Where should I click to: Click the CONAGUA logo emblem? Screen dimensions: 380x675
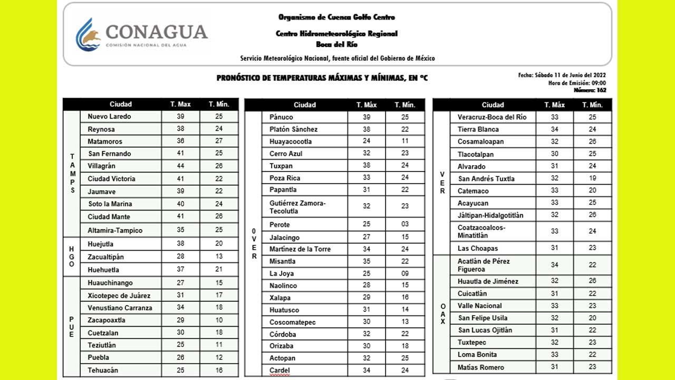[88, 34]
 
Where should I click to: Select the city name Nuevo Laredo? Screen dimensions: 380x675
[109, 117]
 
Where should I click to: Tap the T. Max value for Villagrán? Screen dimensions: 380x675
[181, 166]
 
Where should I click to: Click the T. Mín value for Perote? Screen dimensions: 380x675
[405, 225]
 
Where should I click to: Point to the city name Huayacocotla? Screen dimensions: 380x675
[291, 141]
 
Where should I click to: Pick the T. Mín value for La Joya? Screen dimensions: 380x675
[405, 273]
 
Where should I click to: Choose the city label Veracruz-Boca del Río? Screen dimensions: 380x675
[492, 117]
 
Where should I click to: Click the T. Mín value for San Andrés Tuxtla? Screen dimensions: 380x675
[593, 179]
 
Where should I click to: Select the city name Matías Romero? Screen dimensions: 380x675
[481, 367]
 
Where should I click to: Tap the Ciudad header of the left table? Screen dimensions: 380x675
[121, 104]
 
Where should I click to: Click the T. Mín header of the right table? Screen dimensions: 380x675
[593, 105]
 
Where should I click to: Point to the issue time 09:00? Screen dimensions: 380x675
[599, 83]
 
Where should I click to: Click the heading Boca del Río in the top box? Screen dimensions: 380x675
[336, 44]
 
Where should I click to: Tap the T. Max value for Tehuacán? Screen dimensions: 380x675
[181, 370]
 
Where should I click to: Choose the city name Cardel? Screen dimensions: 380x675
[279, 370]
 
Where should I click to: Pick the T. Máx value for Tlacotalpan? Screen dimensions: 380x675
[555, 154]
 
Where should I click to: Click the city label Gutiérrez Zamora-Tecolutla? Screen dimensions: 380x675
[298, 207]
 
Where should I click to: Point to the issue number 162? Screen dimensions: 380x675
[602, 90]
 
